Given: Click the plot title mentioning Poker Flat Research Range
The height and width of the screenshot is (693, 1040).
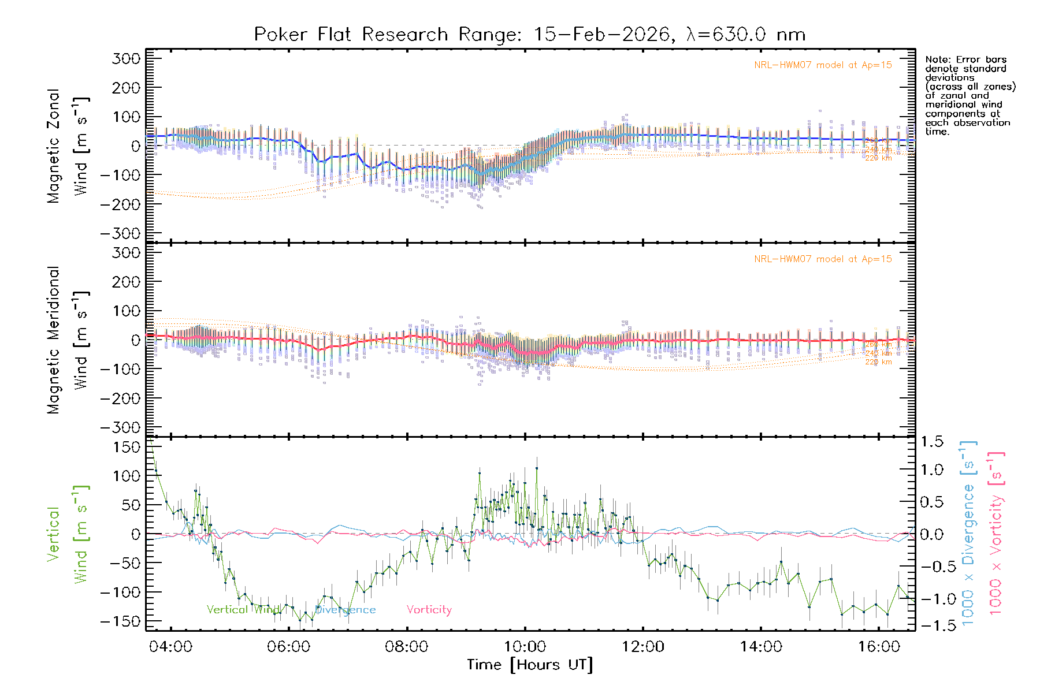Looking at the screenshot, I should pos(530,35).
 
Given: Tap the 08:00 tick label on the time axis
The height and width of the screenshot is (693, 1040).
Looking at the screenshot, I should pos(406,647).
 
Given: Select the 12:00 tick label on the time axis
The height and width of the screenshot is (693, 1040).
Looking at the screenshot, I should pos(642,647).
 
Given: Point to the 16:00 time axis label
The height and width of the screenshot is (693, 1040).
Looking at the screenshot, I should pos(879,647).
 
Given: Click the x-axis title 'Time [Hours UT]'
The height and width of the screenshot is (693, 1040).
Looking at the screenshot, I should pos(530,665).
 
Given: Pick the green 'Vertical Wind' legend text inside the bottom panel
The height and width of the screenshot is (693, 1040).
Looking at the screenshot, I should pos(243,610).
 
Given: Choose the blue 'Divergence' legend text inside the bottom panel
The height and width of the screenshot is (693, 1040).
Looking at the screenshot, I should pos(345,610).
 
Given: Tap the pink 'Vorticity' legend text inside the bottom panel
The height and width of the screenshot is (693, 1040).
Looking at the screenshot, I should pos(429,610).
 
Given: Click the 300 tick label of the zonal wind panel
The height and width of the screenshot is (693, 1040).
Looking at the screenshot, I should pos(127,58).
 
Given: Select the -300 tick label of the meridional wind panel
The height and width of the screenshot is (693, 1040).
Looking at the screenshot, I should pos(121,427).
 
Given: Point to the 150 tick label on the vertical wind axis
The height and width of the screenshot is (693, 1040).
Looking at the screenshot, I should pos(127,447).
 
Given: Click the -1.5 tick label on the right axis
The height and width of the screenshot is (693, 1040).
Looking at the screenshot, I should pos(931,625).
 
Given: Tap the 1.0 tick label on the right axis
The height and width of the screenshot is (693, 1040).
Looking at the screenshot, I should pos(931,470).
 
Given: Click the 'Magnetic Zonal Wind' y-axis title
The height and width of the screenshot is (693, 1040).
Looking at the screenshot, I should pos(68,146).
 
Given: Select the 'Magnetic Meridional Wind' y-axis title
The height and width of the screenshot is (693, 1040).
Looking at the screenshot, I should pos(68,340).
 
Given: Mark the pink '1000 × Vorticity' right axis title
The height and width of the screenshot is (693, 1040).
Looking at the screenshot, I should pos(996,534).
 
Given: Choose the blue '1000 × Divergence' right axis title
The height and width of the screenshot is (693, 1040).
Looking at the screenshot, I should pos(968,534).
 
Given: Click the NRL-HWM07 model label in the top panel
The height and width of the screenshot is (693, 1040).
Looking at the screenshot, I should pos(823,65).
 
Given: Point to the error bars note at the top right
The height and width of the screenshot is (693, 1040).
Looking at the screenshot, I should pos(970,95).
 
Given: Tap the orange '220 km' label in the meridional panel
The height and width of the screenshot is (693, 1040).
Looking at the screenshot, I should pos(878,362).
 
